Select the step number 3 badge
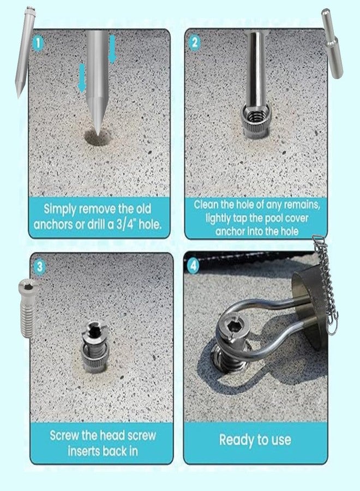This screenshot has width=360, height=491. point(39,266)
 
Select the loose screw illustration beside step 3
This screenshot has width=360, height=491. point(26,306)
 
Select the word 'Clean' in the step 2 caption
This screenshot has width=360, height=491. point(208,205)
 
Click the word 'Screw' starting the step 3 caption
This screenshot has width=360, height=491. point(67,435)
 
